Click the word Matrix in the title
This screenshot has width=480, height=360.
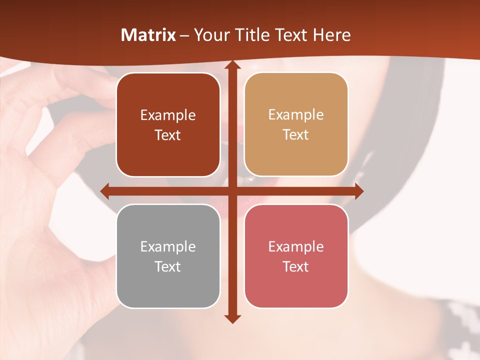[148, 35]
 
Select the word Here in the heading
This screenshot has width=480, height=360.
[331, 35]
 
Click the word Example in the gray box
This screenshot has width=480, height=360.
[168, 246]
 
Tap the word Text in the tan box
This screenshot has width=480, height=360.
[296, 135]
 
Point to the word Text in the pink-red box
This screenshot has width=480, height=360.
[296, 266]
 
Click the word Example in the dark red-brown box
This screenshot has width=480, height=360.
[168, 115]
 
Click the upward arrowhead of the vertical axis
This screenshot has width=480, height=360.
[231, 65]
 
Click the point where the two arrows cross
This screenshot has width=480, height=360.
[231, 191]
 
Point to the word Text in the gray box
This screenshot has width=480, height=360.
[168, 266]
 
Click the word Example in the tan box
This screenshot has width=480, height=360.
[296, 114]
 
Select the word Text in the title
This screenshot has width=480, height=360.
[291, 35]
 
